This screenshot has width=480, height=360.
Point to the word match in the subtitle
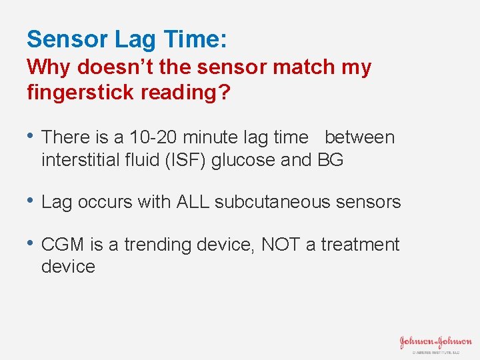coord(281,67)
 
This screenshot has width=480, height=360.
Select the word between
coord(359,137)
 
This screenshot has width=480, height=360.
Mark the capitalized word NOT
coord(281,245)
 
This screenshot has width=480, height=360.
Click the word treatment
coord(360,245)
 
